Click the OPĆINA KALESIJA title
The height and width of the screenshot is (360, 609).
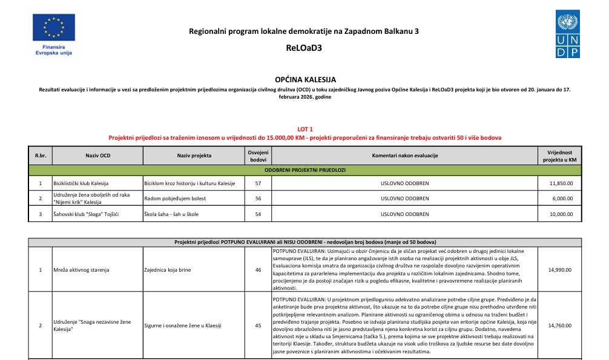(304, 79)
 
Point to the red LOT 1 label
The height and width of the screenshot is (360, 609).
(305, 129)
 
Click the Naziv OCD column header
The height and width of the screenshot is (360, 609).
(97, 155)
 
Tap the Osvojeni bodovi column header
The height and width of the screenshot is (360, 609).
(258, 155)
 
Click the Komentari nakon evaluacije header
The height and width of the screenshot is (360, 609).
(404, 155)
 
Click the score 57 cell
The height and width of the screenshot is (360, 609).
(258, 183)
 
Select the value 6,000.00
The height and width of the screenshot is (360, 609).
(562, 198)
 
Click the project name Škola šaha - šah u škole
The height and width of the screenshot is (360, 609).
(171, 214)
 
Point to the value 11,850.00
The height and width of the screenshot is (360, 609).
(561, 183)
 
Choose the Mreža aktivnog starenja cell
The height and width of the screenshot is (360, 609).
(79, 269)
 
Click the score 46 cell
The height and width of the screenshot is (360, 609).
(258, 269)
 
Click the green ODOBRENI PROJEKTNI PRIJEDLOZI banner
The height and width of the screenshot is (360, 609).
(304, 170)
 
